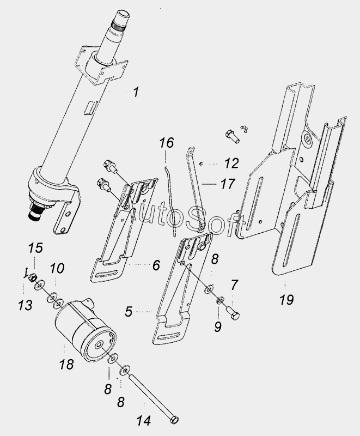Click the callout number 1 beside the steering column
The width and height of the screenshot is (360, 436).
tap(136, 92)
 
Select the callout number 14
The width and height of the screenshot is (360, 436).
tap(144, 421)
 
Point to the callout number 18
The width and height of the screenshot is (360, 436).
tap(66, 364)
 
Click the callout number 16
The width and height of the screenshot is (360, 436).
tap(167, 143)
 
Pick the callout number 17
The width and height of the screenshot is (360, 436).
tap(228, 184)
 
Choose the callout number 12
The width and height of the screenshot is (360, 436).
tap(231, 163)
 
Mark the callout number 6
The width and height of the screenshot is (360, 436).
tap(156, 265)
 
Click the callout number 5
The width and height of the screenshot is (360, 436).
tap(129, 312)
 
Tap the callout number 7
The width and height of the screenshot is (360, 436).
tap(234, 285)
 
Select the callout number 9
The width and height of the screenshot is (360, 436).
tap(218, 326)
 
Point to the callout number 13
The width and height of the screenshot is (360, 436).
tap(25, 305)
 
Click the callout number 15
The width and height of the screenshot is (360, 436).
tap(36, 248)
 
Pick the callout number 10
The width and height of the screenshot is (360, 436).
tap(57, 269)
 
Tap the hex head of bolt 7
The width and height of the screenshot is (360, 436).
tap(235, 316)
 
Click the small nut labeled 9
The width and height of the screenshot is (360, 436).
tap(220, 300)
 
